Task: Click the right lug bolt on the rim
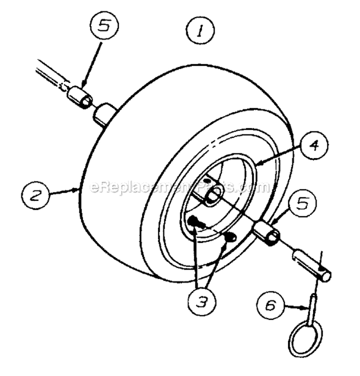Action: [231, 236]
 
